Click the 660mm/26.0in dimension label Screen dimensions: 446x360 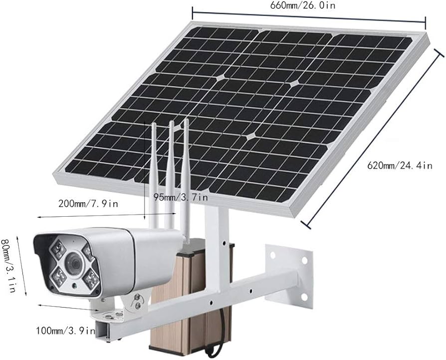coord(303,5)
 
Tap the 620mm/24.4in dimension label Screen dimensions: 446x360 coord(400,165)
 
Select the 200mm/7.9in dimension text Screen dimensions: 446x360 coord(88,204)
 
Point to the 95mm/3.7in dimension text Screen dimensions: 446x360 coord(181,197)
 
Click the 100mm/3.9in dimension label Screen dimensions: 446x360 coord(65,331)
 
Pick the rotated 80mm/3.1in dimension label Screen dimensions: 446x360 coord(8,265)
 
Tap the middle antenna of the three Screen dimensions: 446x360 coord(171,174)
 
